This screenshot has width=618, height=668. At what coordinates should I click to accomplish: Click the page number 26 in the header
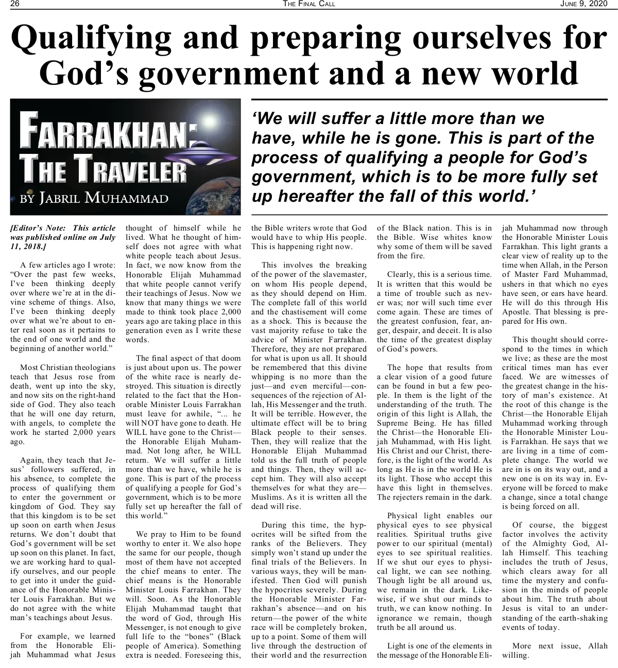14,4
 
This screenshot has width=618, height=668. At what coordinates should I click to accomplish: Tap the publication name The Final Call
309,4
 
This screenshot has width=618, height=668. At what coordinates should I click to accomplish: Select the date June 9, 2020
584,4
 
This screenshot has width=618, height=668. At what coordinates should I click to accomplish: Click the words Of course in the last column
530,525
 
